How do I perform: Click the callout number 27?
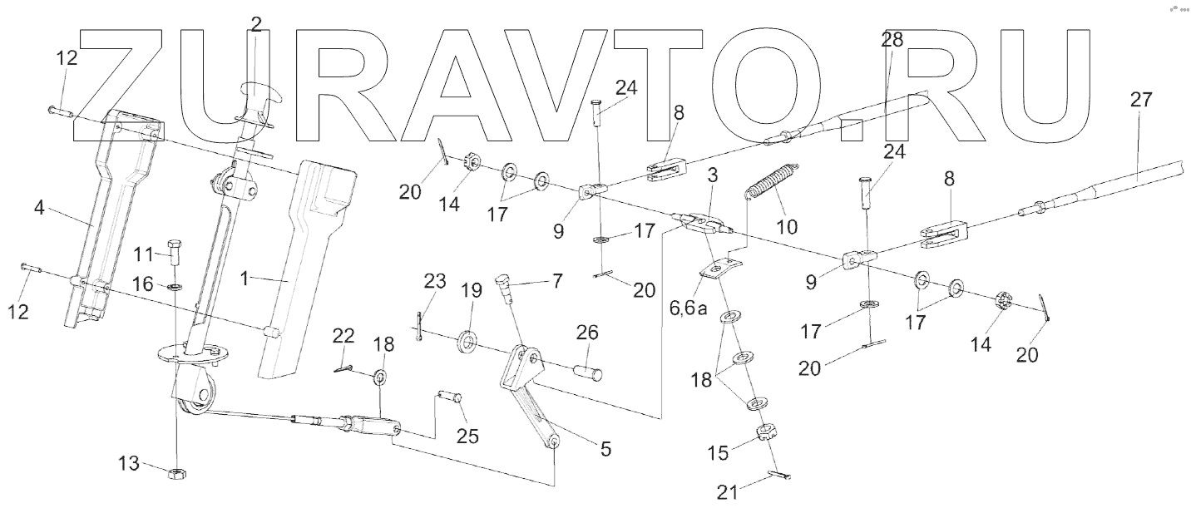point(1141,101)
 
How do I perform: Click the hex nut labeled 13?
point(177,473)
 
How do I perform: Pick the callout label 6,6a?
point(689,309)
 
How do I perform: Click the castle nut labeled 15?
point(764,433)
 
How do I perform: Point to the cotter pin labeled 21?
point(778,476)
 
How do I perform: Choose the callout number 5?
point(605,449)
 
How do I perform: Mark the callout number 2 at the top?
point(256,24)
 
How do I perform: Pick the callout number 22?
point(343,336)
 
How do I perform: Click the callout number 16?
point(141,284)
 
